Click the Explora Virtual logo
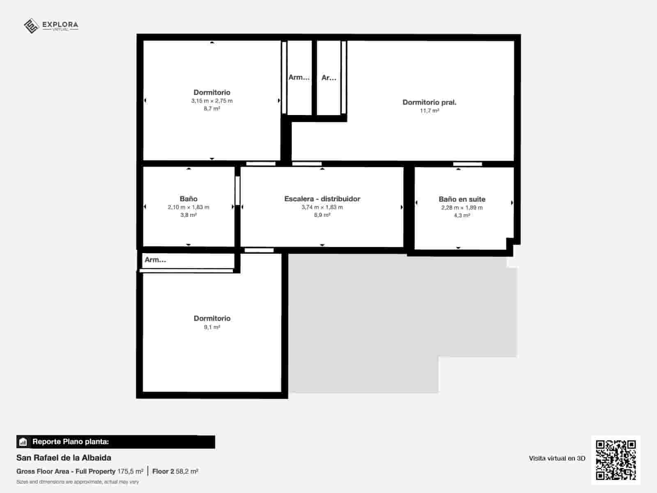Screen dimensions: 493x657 click(x=51, y=26)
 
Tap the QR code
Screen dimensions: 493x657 click(x=616, y=460)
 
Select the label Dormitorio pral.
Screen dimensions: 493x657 click(x=429, y=102)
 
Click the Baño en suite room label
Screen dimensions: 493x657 click(x=462, y=199)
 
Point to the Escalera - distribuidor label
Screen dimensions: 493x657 click(x=322, y=199)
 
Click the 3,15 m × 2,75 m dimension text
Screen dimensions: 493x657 click(x=212, y=101)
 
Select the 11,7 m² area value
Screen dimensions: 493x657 click(x=429, y=111)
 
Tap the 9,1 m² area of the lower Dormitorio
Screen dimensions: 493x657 click(x=212, y=327)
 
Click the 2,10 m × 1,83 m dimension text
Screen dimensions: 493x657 click(x=188, y=207)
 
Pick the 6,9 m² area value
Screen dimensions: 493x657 click(x=322, y=215)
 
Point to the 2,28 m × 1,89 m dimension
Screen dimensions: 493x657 click(x=462, y=207)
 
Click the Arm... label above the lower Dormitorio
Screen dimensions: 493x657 click(x=155, y=260)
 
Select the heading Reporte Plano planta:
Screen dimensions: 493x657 click(x=71, y=442)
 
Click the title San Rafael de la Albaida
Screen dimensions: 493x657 click(x=64, y=458)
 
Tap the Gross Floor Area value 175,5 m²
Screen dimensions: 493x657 click(x=130, y=471)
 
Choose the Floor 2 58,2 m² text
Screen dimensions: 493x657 click(x=175, y=471)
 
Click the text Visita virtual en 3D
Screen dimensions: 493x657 click(x=557, y=458)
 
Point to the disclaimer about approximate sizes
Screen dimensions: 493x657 click(x=78, y=482)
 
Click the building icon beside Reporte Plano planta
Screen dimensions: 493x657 click(x=23, y=442)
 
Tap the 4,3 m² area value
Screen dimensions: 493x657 click(x=462, y=215)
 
